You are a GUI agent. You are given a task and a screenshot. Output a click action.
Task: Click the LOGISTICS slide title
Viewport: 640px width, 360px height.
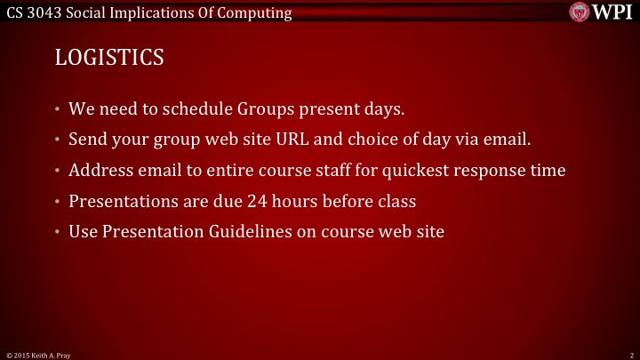coord(109,57)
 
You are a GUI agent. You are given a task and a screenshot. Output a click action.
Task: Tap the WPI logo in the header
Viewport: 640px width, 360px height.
coord(601,12)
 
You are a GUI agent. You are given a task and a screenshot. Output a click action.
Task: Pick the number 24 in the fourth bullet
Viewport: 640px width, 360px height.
coord(259,201)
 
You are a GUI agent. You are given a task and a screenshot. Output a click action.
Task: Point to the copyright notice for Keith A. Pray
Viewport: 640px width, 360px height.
coord(37,355)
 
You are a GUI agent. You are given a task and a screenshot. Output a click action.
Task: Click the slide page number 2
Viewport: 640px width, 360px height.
coord(630,355)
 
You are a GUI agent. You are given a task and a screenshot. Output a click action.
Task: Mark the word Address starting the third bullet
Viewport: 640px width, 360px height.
coord(99,170)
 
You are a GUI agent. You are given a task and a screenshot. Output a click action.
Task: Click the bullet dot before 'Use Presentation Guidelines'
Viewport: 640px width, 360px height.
coord(57,231)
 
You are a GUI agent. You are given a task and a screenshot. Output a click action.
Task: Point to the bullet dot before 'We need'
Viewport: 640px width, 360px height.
coord(57,110)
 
